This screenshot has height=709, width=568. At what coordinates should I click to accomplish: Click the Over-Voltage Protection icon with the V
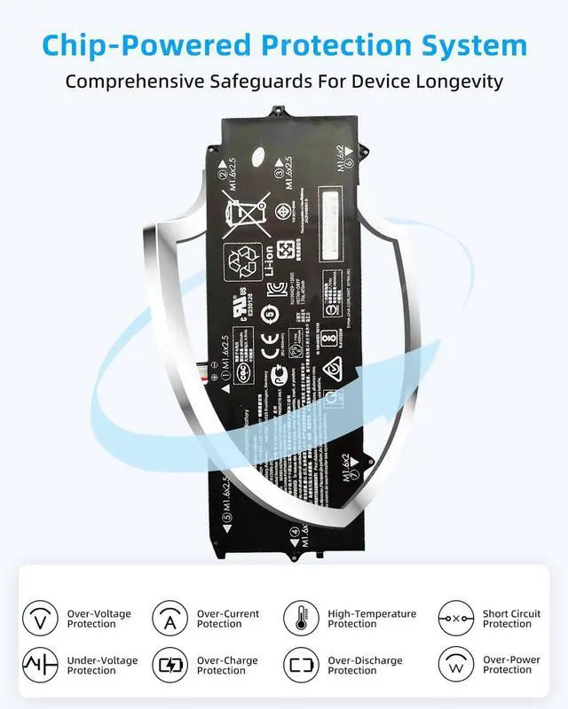[39, 618]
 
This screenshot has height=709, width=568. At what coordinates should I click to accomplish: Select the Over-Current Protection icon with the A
[170, 618]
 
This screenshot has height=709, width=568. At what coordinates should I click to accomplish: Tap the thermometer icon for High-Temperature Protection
[301, 618]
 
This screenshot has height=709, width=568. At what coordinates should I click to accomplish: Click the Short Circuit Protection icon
[456, 618]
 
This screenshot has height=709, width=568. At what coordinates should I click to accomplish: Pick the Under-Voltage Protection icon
[39, 664]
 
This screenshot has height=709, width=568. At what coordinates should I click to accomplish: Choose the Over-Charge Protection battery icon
[170, 664]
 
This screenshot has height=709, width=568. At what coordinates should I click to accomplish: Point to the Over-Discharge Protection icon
[301, 664]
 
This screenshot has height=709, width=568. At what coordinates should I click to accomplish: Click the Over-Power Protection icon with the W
[456, 664]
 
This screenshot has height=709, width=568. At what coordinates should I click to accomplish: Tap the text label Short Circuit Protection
[511, 619]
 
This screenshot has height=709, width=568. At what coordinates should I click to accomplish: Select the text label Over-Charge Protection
[228, 666]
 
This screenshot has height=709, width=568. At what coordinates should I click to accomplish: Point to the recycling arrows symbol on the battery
[243, 263]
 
